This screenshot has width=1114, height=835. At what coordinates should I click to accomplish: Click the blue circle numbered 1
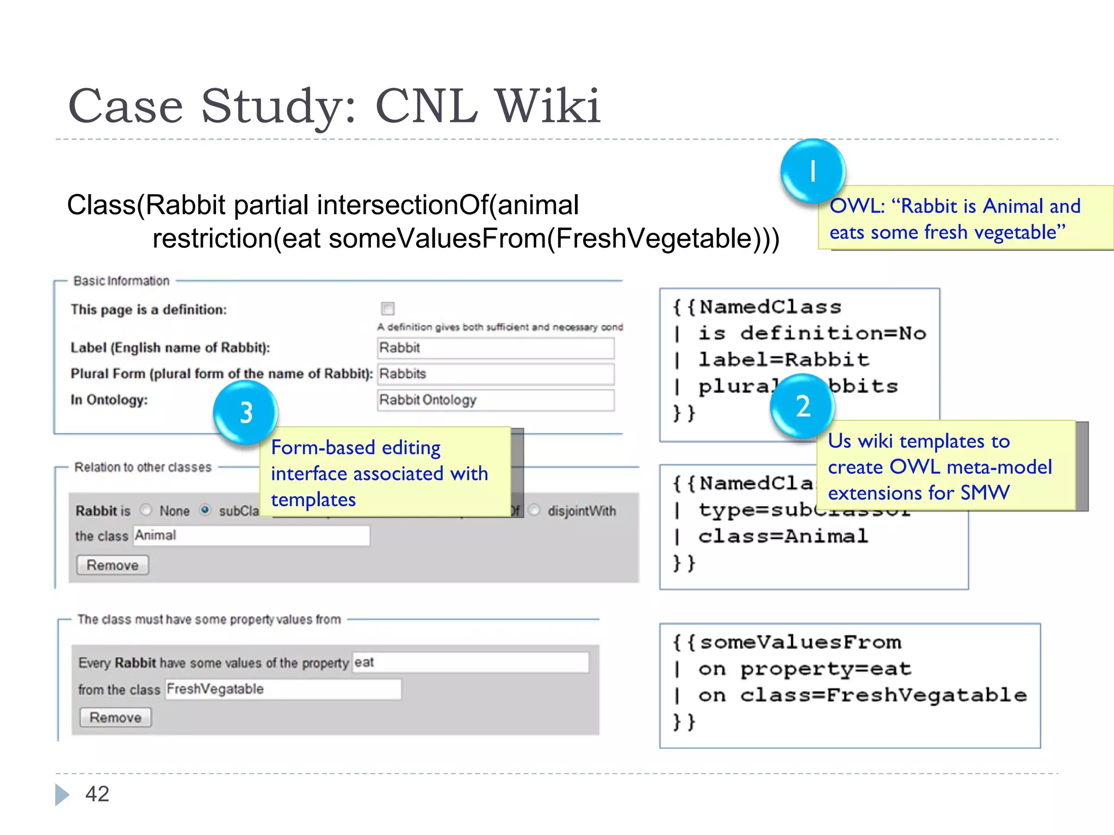813,171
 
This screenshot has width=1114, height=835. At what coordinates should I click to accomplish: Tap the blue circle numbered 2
803,406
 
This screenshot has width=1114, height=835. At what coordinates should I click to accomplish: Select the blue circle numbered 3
246,413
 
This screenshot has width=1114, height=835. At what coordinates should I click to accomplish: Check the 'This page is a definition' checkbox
388,309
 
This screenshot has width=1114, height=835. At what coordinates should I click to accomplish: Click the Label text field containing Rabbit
496,348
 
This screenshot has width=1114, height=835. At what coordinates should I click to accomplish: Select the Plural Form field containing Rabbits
496,374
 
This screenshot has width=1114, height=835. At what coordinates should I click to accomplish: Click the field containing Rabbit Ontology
496,400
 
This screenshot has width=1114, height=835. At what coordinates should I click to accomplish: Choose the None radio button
146,510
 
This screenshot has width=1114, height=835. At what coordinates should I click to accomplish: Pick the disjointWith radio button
535,510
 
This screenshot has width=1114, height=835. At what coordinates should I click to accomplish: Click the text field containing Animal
251,535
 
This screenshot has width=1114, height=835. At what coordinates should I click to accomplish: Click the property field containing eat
471,663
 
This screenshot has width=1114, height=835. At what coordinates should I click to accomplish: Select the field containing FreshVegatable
283,689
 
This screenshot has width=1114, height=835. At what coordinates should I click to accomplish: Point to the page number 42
97,794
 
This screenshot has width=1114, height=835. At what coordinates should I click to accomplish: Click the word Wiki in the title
548,106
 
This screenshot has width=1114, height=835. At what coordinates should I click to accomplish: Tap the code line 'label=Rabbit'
783,360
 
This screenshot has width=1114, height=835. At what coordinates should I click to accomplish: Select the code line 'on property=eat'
804,669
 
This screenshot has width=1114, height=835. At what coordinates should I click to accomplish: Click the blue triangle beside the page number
61,795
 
